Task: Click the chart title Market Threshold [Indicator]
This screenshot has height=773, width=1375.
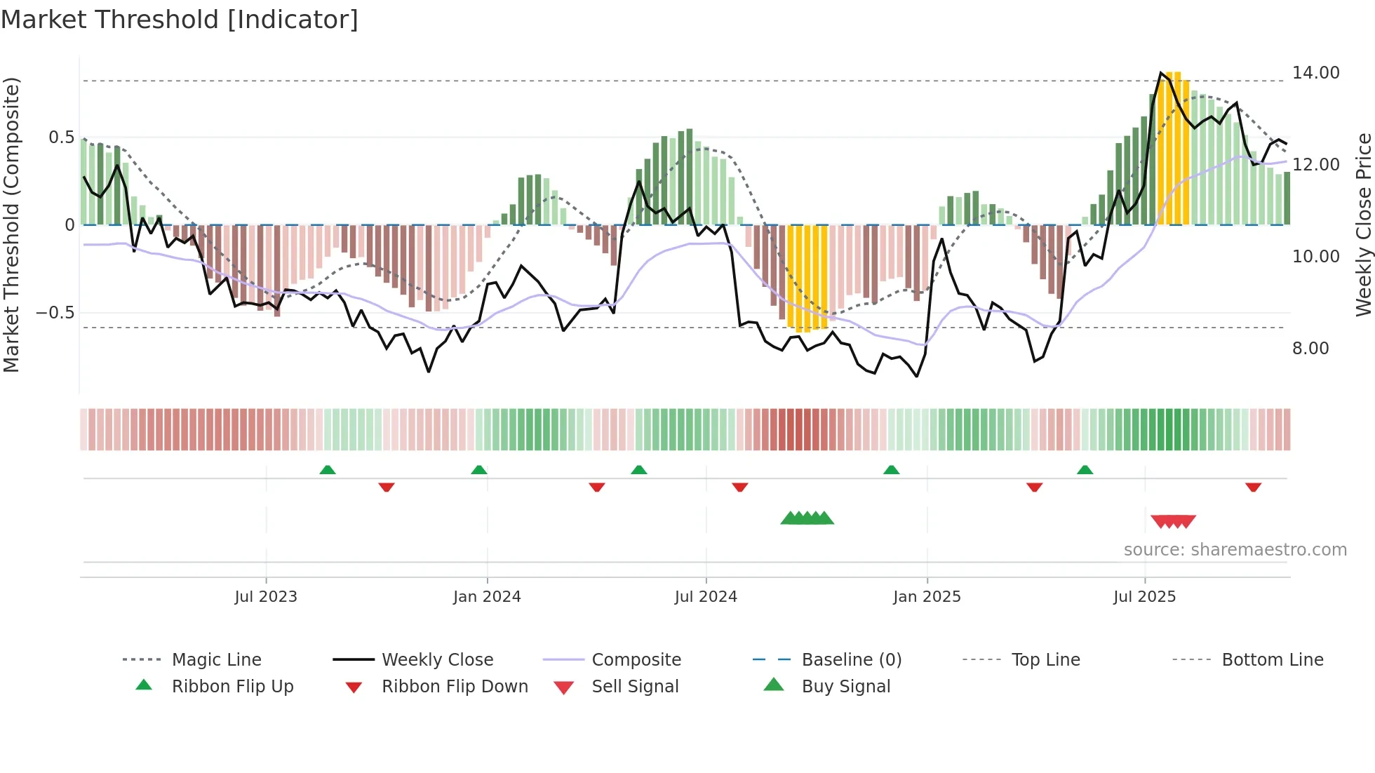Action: pyautogui.click(x=180, y=20)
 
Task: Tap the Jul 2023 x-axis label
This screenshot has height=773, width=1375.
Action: pyautogui.click(x=266, y=597)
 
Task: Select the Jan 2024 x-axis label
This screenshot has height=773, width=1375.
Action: pyautogui.click(x=487, y=597)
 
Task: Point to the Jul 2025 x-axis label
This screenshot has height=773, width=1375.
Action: pyautogui.click(x=1144, y=597)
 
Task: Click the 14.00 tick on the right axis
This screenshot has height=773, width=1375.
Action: pyautogui.click(x=1315, y=73)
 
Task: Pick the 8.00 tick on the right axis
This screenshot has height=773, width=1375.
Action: pyautogui.click(x=1310, y=349)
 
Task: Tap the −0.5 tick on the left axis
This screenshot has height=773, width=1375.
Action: pyautogui.click(x=55, y=313)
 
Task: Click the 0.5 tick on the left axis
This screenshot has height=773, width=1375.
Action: pyautogui.click(x=62, y=137)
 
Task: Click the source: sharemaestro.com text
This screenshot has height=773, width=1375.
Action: pyautogui.click(x=1235, y=550)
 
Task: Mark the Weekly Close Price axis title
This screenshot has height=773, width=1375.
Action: pyautogui.click(x=1363, y=224)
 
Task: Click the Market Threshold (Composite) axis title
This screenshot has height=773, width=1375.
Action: pyautogui.click(x=12, y=224)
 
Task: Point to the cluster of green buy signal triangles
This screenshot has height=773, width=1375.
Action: pyautogui.click(x=807, y=519)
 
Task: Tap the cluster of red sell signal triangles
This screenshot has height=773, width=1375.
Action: pyautogui.click(x=1173, y=521)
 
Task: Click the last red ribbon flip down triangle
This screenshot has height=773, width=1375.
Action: pyautogui.click(x=1253, y=487)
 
